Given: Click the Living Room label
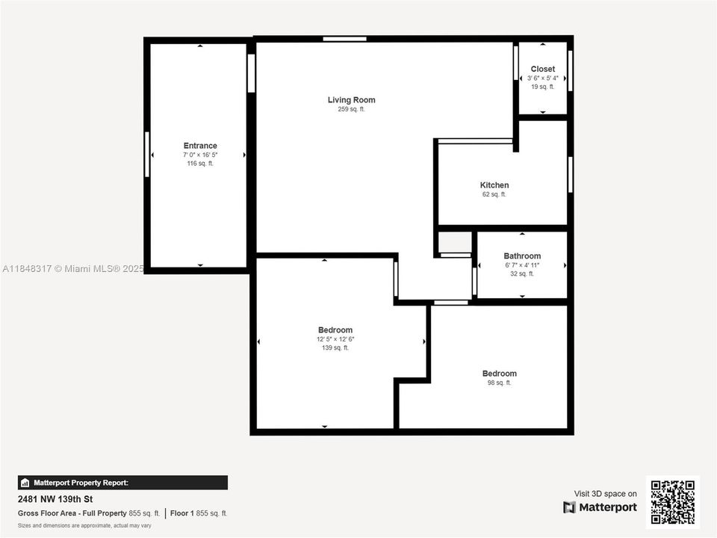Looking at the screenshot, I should [351, 100].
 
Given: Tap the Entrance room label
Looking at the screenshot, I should [200, 146].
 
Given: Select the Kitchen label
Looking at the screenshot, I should [494, 185].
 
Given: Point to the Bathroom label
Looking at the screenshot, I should [522, 256].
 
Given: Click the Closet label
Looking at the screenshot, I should [543, 69].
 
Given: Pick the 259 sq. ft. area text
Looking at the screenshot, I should [351, 109].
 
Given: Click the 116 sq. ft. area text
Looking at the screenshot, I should [200, 163].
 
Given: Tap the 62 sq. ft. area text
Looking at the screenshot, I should [494, 194].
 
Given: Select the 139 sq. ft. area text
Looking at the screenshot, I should [335, 347].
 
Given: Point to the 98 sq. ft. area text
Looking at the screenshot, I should [499, 383].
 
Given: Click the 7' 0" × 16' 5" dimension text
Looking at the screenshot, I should [200, 155].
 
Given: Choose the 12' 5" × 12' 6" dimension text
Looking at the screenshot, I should [335, 338].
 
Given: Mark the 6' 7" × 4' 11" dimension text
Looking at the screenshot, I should [522, 265].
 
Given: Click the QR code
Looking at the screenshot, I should [672, 502].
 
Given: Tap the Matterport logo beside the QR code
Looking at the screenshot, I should [600, 507].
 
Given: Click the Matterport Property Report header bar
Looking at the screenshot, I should [122, 483].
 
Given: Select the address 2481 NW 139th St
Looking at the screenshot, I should [56, 499].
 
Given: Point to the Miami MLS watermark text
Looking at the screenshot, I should [72, 268].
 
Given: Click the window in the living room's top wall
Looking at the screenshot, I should [345, 39].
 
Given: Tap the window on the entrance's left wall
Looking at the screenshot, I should [147, 155].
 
